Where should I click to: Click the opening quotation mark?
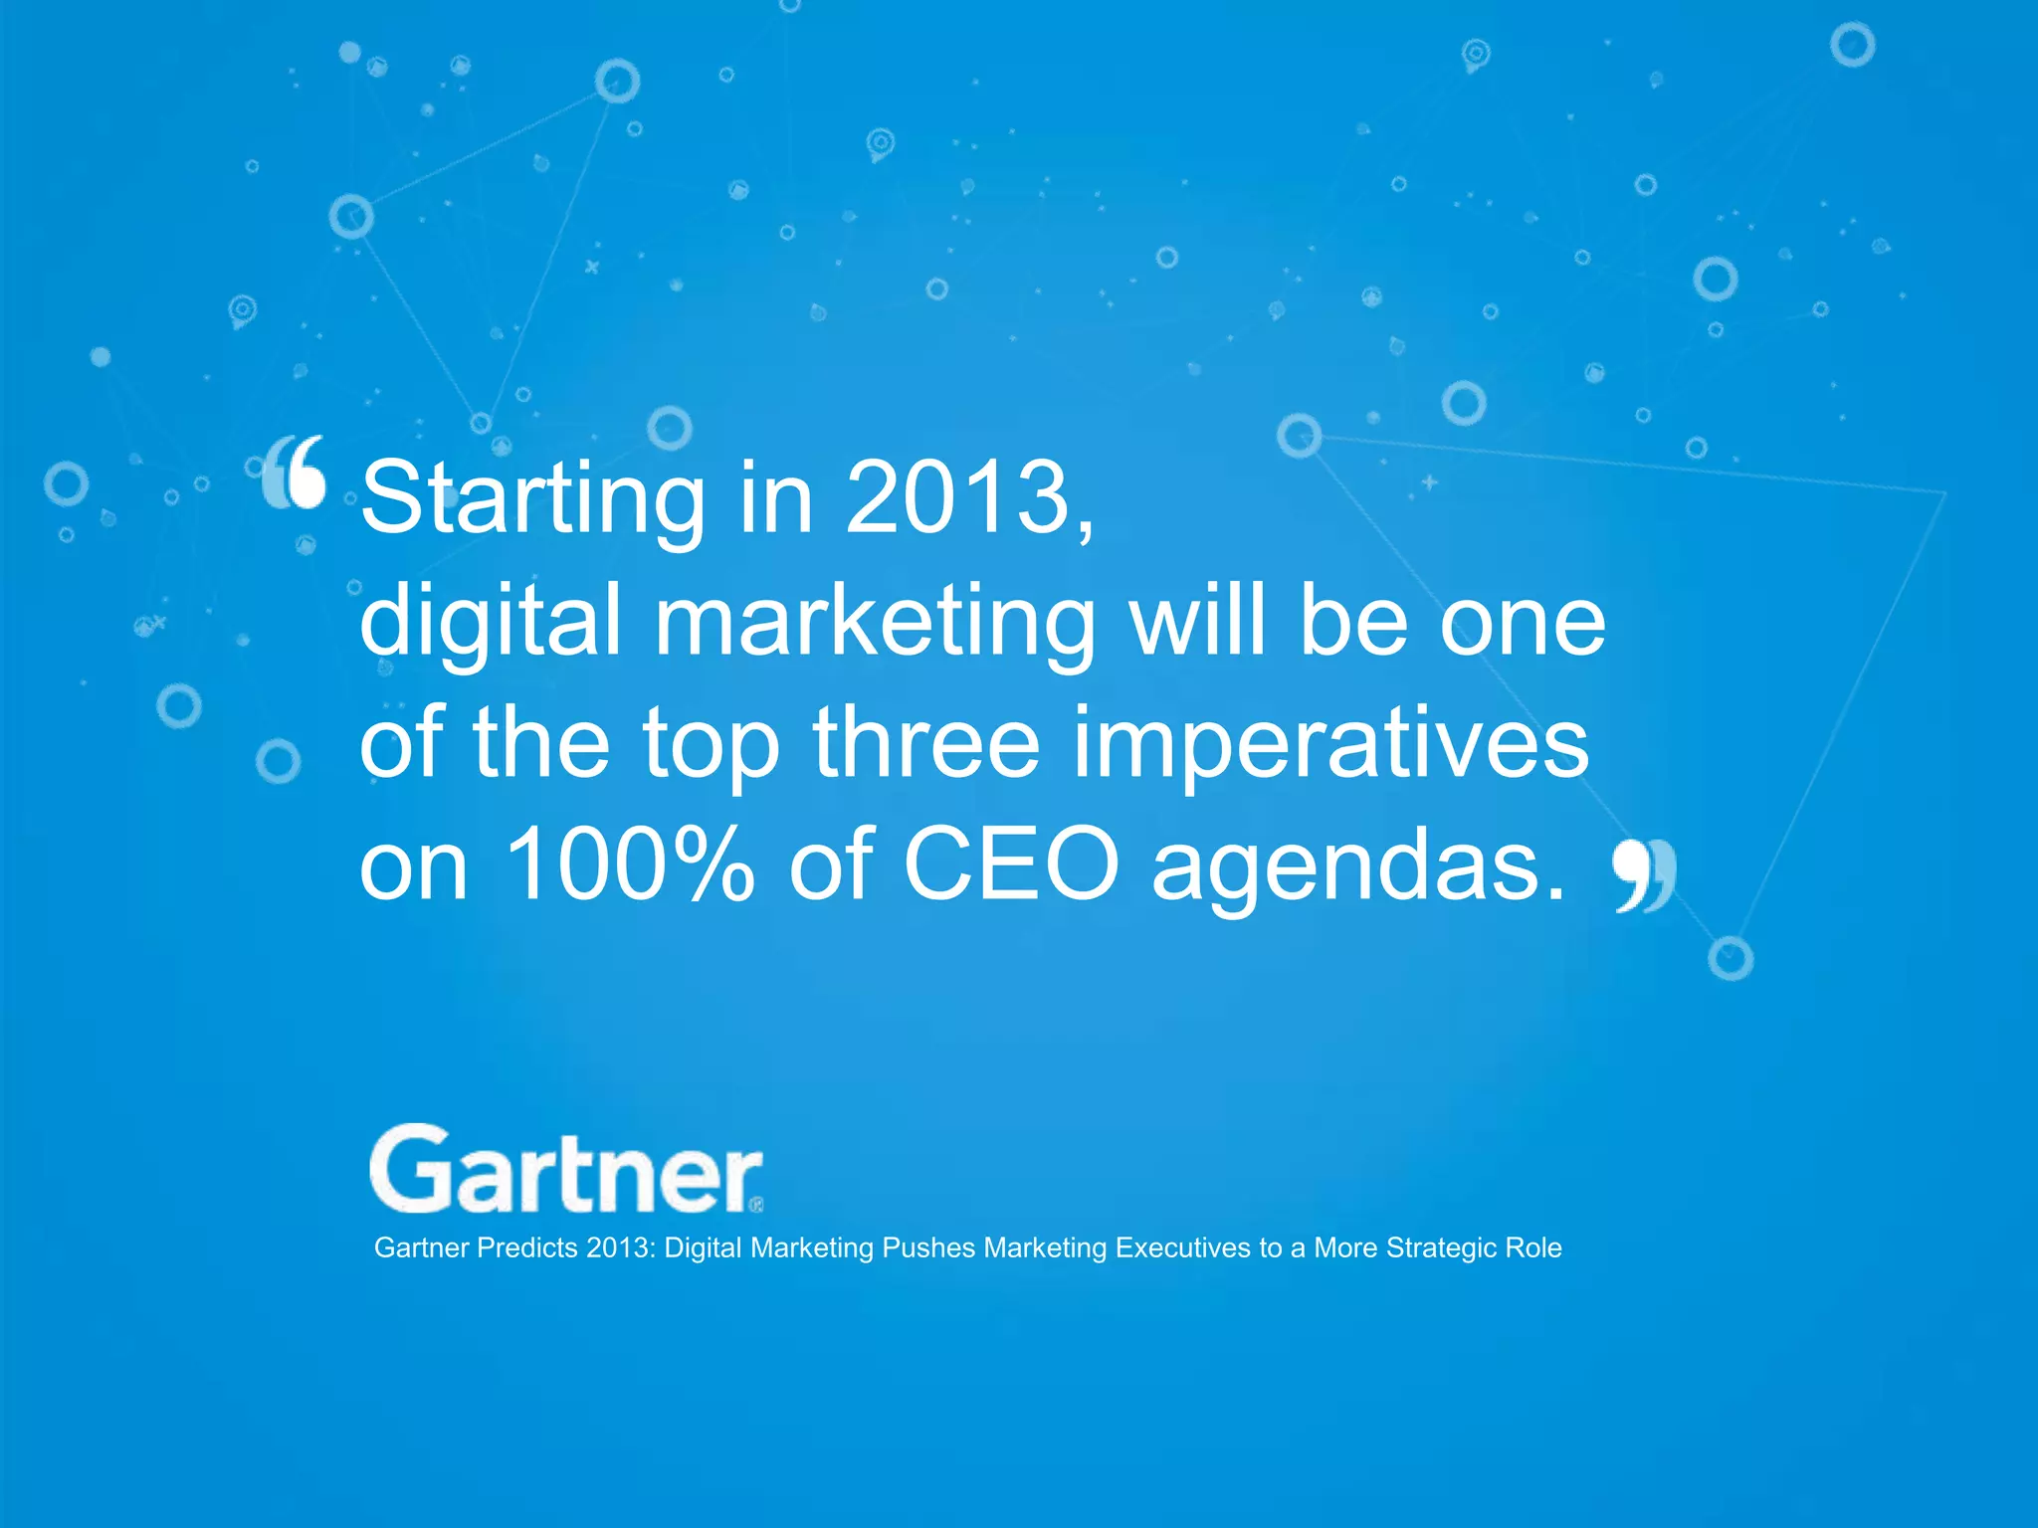click(295, 472)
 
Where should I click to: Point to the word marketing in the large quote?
click(875, 623)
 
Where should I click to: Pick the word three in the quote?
click(925, 743)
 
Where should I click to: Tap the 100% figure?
click(630, 865)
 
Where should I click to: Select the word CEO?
click(1010, 865)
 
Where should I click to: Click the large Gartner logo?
click(565, 1171)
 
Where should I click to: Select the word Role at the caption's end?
click(1532, 1248)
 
